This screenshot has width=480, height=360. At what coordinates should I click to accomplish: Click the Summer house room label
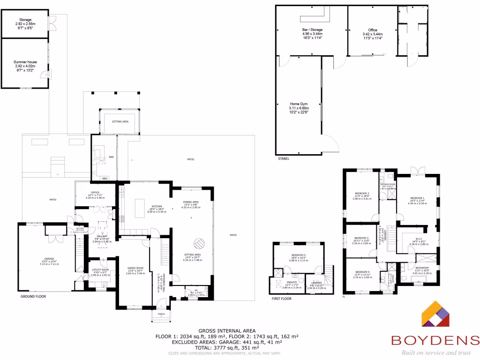click(25, 62)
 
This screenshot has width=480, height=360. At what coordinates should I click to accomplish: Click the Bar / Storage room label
click(312, 30)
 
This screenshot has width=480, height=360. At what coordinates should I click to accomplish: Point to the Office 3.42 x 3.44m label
click(373, 30)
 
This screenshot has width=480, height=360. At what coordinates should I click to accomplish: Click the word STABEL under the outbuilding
click(283, 159)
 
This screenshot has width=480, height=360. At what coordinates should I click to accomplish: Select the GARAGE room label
click(49, 259)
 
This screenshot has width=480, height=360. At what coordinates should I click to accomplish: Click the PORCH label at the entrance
click(161, 315)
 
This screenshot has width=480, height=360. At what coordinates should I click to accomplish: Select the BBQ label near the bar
click(105, 178)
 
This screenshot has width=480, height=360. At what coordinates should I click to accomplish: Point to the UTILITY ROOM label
click(99, 270)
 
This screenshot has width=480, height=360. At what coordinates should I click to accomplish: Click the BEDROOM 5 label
click(298, 255)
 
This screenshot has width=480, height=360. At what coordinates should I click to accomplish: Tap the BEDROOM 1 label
click(417, 198)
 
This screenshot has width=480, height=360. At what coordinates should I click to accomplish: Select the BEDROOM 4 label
click(362, 272)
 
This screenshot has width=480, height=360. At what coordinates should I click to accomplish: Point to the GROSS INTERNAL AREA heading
click(227, 331)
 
